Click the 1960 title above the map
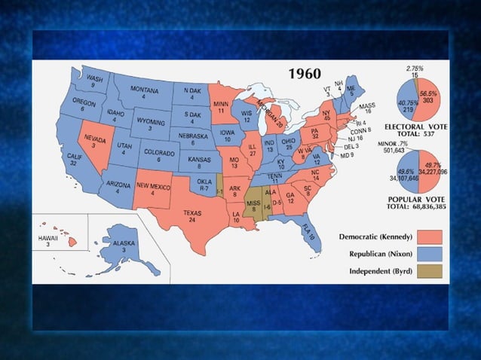click(305, 74)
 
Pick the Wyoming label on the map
click(151, 123)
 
